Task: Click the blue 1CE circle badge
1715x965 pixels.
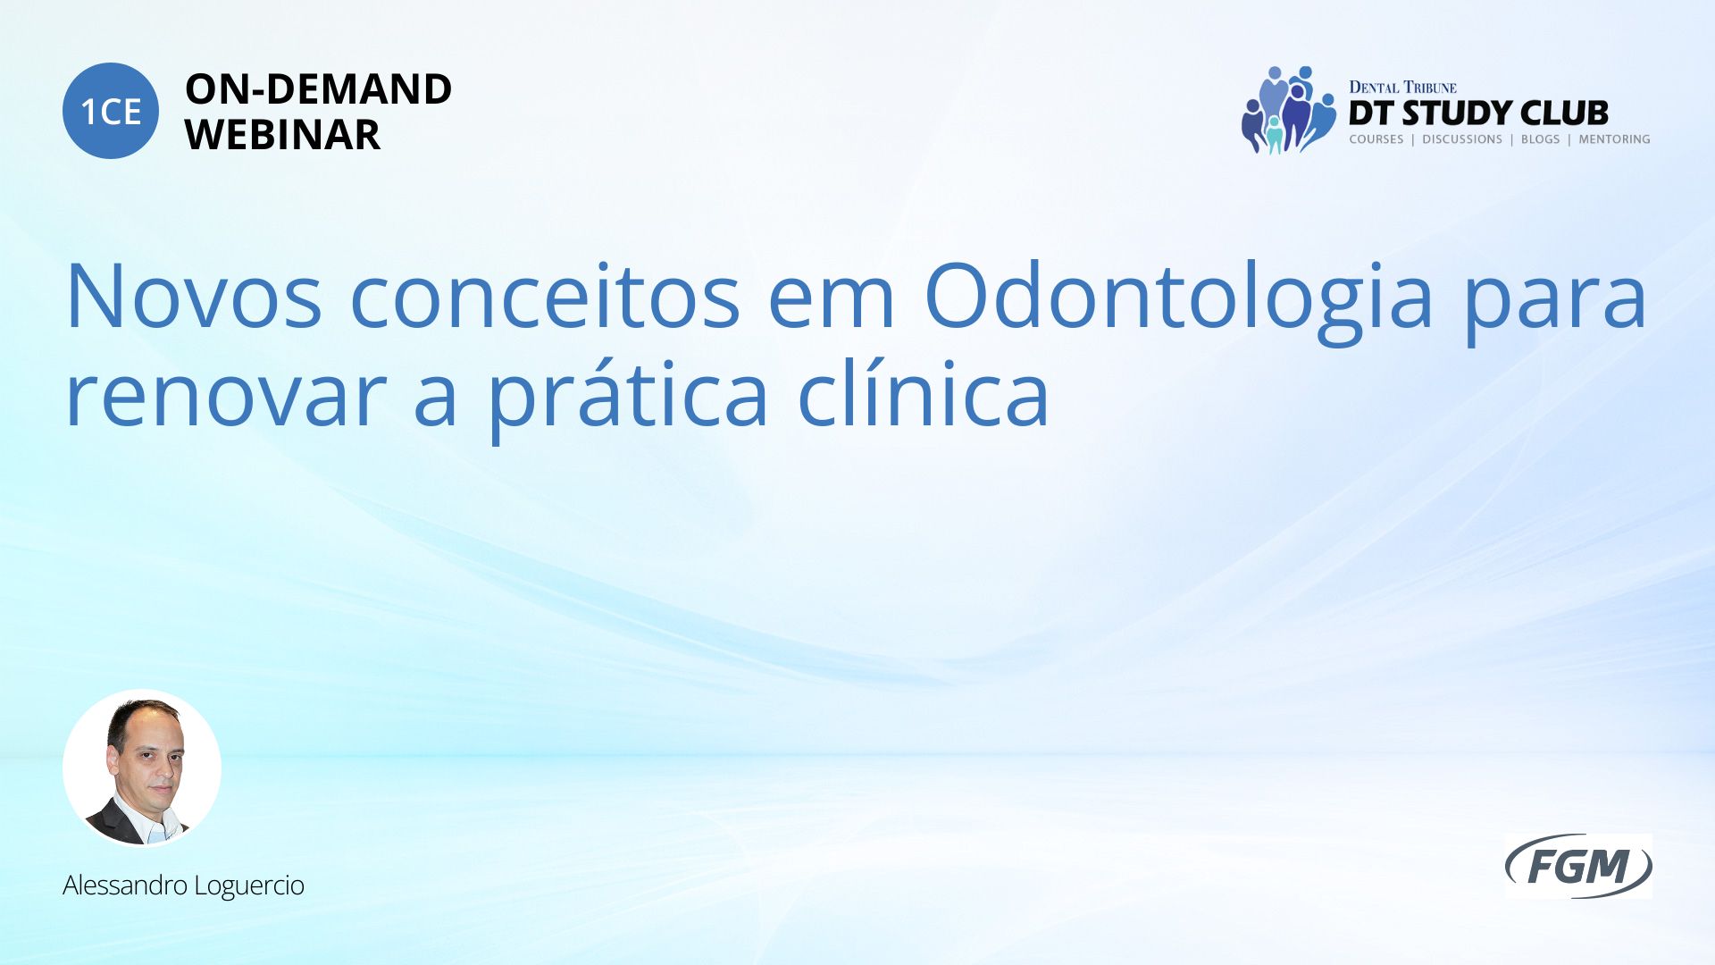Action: pos(111,111)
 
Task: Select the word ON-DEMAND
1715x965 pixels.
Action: pos(318,89)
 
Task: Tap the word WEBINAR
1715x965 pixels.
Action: pos(282,135)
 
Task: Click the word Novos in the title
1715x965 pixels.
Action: pos(193,296)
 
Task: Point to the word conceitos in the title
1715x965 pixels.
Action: pos(545,296)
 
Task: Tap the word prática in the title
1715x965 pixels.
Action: pos(627,400)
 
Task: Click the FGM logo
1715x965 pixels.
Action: pos(1578,866)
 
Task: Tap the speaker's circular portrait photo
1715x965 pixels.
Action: pos(142,768)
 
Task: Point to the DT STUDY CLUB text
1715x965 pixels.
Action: pos(1478,113)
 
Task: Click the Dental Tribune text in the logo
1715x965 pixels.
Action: pos(1402,87)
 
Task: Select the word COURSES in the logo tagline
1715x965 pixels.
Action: pos(1376,139)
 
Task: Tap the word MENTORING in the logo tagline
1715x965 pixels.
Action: pos(1614,139)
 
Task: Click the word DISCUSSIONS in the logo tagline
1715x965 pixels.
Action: pos(1462,139)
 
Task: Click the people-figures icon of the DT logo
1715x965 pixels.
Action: pos(1288,110)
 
